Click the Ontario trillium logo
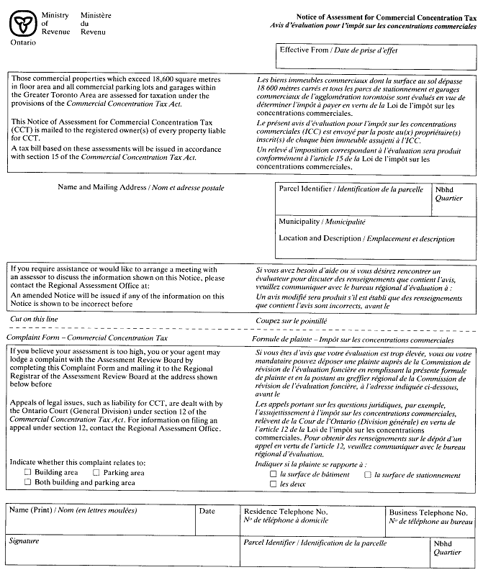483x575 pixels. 21,24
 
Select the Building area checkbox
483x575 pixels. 28,473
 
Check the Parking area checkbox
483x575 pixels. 96,473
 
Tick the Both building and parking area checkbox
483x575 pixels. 28,483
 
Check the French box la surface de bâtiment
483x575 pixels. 273,475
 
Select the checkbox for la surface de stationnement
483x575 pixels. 367,475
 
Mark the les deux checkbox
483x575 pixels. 273,484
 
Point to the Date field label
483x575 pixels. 207,511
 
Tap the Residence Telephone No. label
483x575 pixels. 286,511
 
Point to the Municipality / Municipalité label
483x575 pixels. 322,222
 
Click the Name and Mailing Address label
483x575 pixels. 140,188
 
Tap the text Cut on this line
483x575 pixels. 34,320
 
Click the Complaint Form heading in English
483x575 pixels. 86,337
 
